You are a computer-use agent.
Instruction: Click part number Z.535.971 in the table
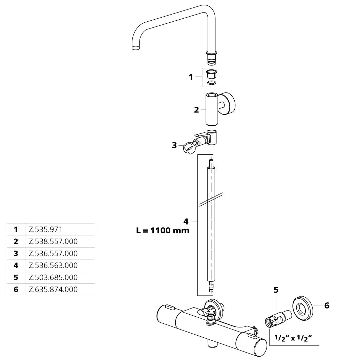[45, 229]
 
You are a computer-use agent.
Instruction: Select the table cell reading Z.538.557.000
[53, 241]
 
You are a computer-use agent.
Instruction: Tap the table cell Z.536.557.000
[53, 253]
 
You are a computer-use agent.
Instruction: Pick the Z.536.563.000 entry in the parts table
[53, 265]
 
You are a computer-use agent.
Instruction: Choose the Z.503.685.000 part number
[53, 277]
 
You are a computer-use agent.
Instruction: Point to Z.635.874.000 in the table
[53, 289]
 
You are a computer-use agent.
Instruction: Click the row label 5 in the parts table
[16, 277]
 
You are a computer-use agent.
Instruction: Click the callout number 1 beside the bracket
[191, 77]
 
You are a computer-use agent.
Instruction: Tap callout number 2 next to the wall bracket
[196, 110]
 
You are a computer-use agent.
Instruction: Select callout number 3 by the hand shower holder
[174, 145]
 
